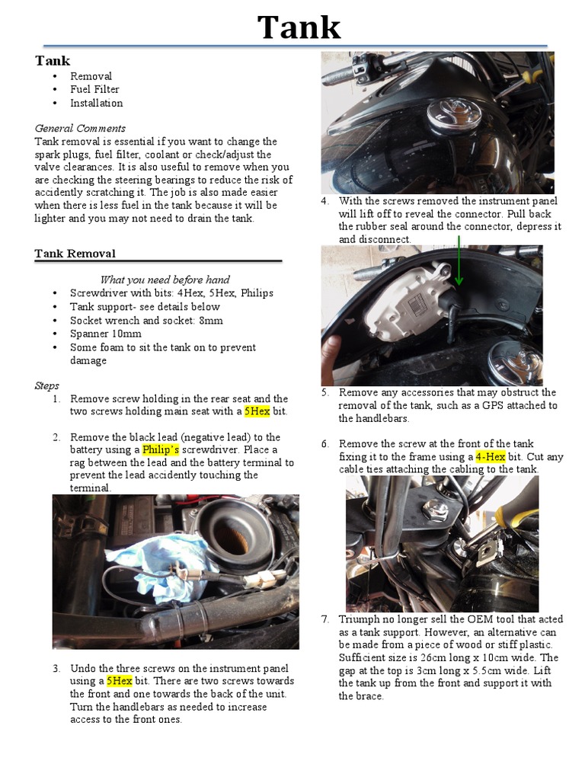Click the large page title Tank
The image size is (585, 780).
pyautogui.click(x=299, y=27)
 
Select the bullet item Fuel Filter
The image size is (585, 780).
pyautogui.click(x=94, y=89)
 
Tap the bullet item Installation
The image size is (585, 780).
pyautogui.click(x=96, y=103)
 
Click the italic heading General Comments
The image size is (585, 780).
pyautogui.click(x=80, y=128)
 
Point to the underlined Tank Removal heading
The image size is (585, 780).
pyautogui.click(x=75, y=254)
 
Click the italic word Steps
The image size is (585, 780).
pyautogui.click(x=46, y=385)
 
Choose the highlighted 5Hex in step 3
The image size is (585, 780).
pyautogui.click(x=120, y=681)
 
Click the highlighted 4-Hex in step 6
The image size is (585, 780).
pyautogui.click(x=491, y=456)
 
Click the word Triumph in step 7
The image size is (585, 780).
pyautogui.click(x=360, y=619)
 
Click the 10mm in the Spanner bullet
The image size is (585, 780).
pyautogui.click(x=126, y=334)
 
